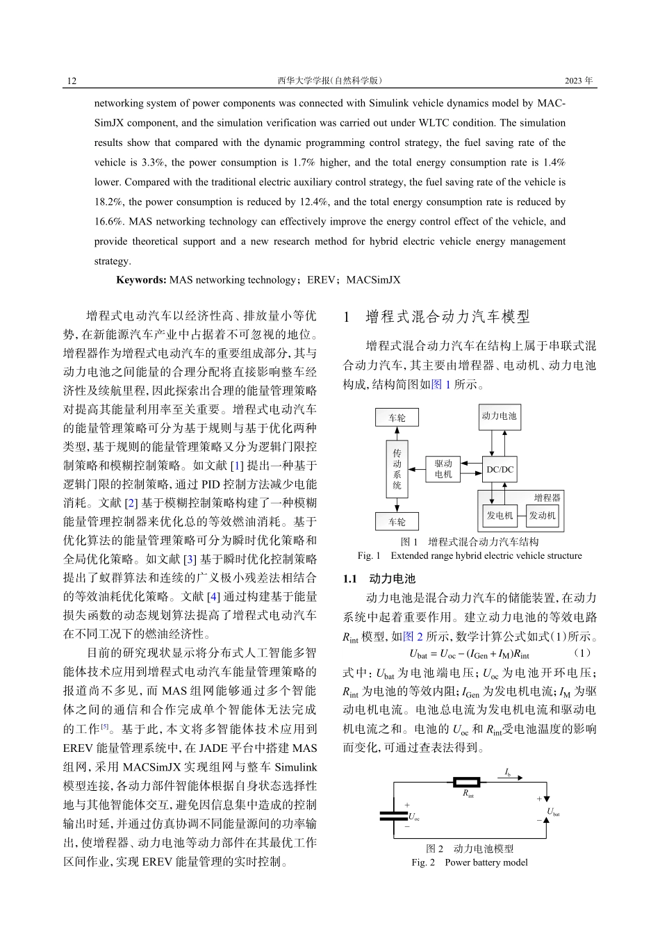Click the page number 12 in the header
[72, 81]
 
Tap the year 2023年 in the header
[579, 81]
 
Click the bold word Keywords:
[141, 280]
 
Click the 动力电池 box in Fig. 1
[499, 416]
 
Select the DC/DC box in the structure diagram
[500, 470]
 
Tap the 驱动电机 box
[443, 469]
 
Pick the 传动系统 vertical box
[397, 469]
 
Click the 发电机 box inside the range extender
[499, 516]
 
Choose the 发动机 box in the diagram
[542, 516]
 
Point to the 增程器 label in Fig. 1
[547, 498]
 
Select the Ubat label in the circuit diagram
[553, 812]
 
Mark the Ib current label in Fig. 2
[508, 771]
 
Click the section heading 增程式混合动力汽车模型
[447, 318]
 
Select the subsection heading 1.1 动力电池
[379, 579]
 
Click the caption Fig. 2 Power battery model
[469, 862]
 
